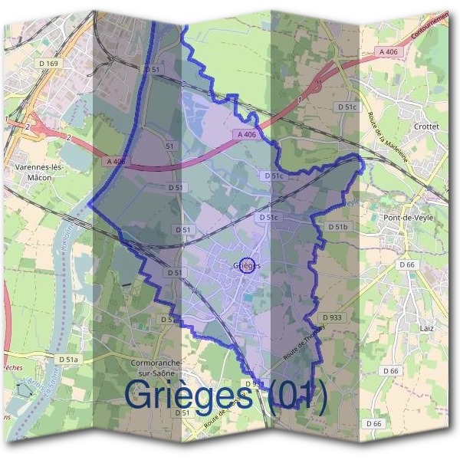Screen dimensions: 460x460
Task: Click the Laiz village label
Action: (x=427, y=327)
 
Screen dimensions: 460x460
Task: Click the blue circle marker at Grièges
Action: (x=247, y=265)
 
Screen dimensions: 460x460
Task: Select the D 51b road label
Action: (x=338, y=227)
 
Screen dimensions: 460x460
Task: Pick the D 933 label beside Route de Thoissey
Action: (x=332, y=317)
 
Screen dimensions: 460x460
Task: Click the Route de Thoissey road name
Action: (x=304, y=340)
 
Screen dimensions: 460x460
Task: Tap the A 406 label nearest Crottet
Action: (x=389, y=51)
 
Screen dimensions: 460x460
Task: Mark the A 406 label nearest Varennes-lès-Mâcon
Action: (x=115, y=162)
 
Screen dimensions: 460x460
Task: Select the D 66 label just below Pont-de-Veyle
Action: (x=406, y=264)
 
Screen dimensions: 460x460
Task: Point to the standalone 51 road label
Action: (x=169, y=146)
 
